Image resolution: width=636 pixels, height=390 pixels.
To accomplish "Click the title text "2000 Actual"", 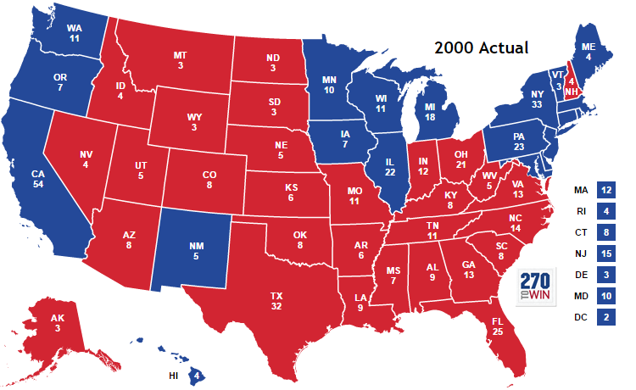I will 481,47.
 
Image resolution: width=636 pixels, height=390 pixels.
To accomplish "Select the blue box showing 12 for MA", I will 605,191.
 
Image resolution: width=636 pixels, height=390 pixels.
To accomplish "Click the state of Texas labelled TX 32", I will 276,301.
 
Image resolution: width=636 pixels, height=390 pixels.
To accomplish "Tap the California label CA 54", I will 38,180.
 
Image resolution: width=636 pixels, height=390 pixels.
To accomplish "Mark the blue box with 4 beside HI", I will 197,374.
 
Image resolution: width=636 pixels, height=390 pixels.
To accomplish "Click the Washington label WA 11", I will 74,33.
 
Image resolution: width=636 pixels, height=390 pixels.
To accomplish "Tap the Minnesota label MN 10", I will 332,84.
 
